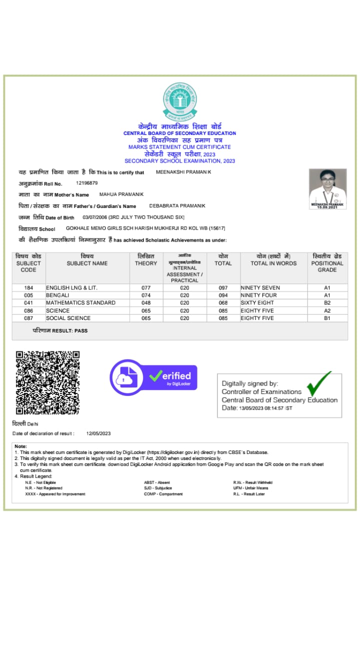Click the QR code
pyautogui.click(x=47, y=382)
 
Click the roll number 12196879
pyautogui.click(x=87, y=183)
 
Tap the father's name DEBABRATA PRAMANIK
pyautogui.click(x=177, y=206)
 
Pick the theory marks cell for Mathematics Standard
pyautogui.click(x=145, y=302)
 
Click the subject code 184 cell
pyautogui.click(x=28, y=287)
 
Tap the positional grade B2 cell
pyautogui.click(x=327, y=302)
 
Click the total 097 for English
pyautogui.click(x=223, y=287)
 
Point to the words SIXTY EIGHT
pyautogui.click(x=257, y=302)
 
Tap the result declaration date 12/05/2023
pyautogui.click(x=98, y=433)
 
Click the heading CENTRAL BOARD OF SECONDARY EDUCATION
pyautogui.click(x=180, y=133)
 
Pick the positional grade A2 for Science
pyautogui.click(x=327, y=310)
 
